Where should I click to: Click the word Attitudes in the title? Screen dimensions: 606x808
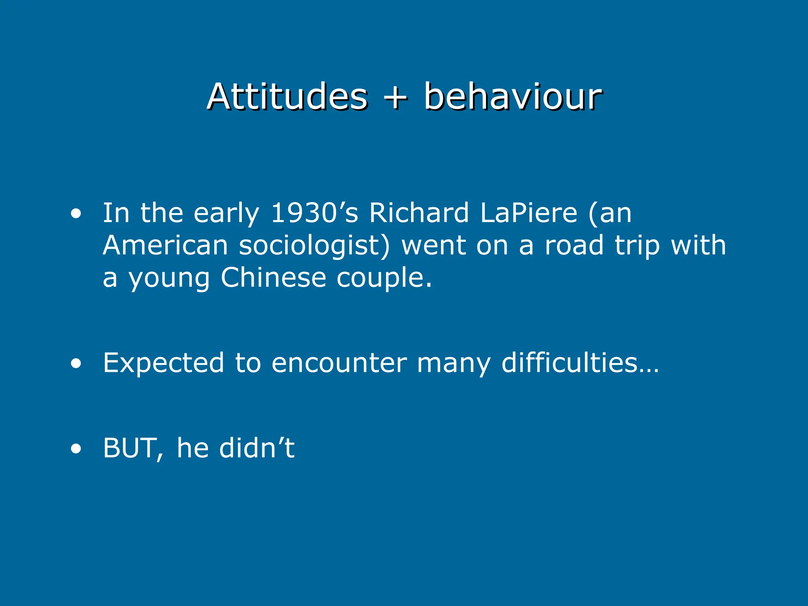click(x=287, y=97)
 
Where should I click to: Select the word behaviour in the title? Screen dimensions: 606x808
click(x=513, y=97)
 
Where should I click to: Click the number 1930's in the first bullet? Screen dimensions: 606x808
click(x=314, y=213)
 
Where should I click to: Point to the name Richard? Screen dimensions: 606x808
click(x=419, y=213)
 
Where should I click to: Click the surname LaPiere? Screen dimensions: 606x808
click(x=529, y=213)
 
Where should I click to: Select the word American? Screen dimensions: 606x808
click(x=165, y=245)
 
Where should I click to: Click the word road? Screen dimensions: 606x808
click(x=574, y=245)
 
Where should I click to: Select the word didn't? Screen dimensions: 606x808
click(x=257, y=448)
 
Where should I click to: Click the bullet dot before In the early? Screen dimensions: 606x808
click(x=76, y=214)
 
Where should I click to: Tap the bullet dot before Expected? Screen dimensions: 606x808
click(x=76, y=364)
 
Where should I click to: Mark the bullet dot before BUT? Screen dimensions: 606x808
click(x=76, y=449)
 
